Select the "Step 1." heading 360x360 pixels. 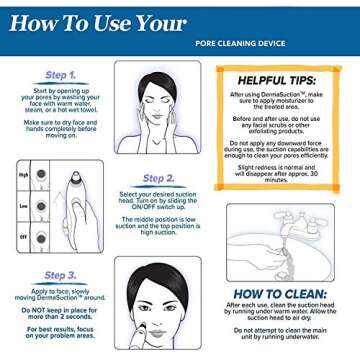[62, 76]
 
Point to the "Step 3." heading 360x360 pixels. [62, 273]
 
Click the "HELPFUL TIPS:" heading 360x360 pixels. [285, 79]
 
